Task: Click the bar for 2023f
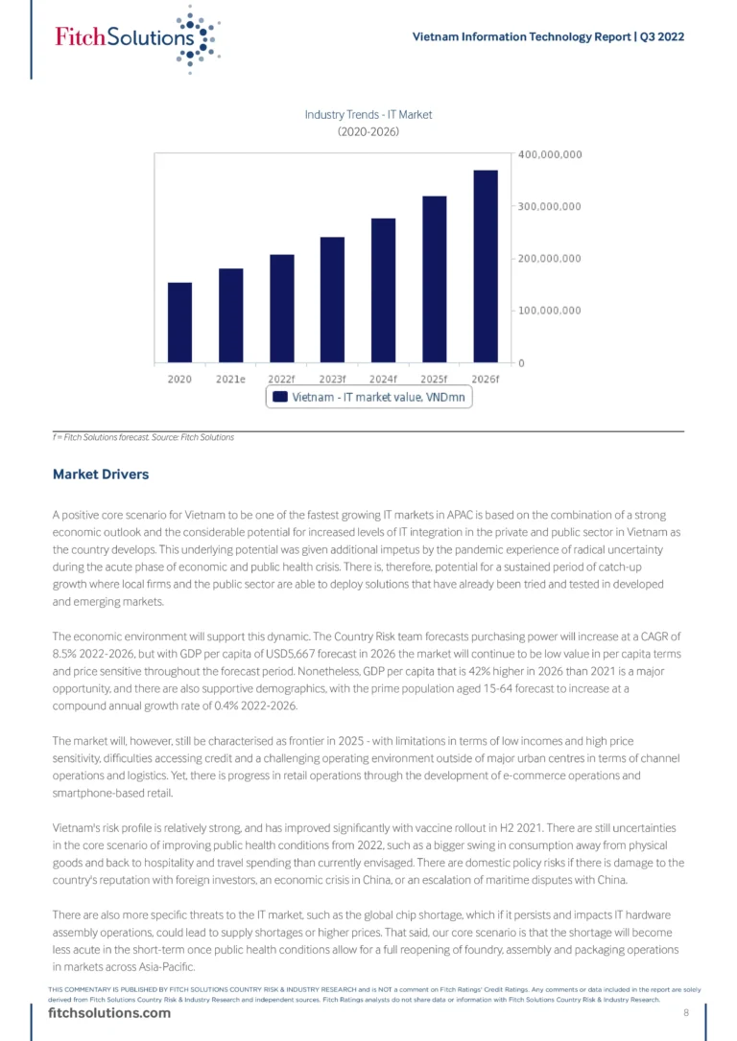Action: click(332, 299)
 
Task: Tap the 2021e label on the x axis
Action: click(230, 379)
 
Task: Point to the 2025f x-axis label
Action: click(435, 379)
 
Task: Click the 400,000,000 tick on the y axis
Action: click(550, 154)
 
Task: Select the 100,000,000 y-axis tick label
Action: click(550, 311)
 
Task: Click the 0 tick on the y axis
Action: click(522, 362)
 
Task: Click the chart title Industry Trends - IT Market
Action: click(368, 115)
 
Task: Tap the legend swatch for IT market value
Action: click(280, 396)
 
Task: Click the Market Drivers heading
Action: click(101, 474)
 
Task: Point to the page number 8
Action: click(686, 1013)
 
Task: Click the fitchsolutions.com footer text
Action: click(109, 1013)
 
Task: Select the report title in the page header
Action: click(548, 37)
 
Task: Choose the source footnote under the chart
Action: click(144, 437)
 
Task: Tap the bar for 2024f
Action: click(383, 290)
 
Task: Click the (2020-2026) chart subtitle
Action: click(368, 132)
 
